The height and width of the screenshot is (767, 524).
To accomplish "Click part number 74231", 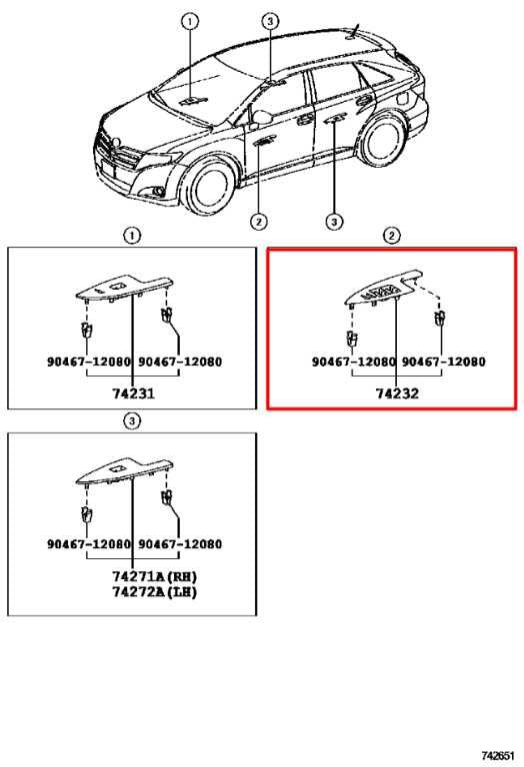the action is point(133,393).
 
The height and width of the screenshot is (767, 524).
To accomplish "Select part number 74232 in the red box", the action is point(397,393).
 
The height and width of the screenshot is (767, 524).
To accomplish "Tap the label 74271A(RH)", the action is point(155,576).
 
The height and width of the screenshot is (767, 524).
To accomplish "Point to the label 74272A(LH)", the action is point(155,592).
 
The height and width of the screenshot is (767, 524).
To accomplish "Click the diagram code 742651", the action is point(499,756).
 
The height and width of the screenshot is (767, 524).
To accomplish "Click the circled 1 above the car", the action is point(190,22).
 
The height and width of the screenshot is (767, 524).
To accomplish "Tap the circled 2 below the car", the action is point(259,222).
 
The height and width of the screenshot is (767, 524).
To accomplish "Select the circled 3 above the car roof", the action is point(270,21).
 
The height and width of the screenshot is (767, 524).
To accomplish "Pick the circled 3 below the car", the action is point(334,222).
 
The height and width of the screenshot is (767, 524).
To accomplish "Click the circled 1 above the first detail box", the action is point(132,236).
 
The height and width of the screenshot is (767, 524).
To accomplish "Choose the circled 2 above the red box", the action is point(391,236).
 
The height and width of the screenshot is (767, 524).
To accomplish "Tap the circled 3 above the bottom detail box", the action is point(132,420).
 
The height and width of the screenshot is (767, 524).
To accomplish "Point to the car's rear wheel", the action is point(384,140).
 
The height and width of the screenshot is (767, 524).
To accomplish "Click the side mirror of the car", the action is point(262,118).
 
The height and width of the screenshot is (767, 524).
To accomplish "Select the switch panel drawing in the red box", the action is point(382,290).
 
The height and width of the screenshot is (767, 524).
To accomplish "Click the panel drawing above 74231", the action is point(124,288).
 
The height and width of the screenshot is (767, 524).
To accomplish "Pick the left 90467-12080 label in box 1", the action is point(89,362).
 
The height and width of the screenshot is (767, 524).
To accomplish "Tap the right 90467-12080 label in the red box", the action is point(444,362).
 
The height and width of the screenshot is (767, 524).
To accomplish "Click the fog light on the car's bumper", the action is point(158,192).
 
